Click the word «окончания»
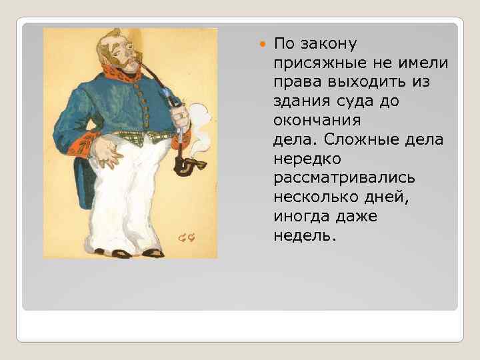317,121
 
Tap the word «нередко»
307,159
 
